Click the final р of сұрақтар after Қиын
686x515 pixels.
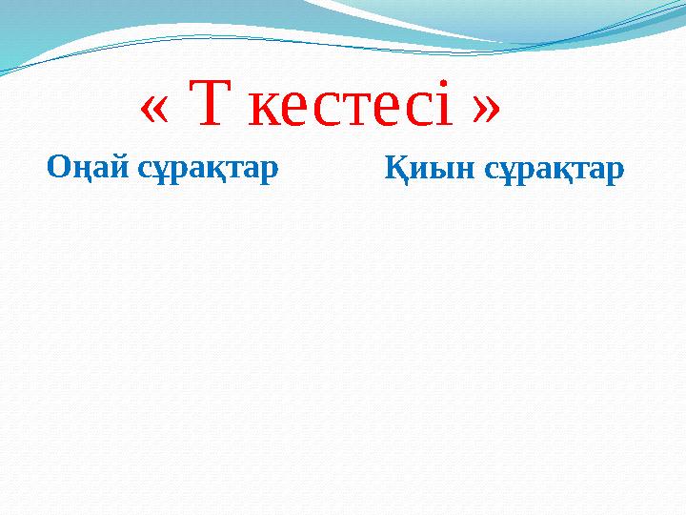pyautogui.click(x=615, y=174)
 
